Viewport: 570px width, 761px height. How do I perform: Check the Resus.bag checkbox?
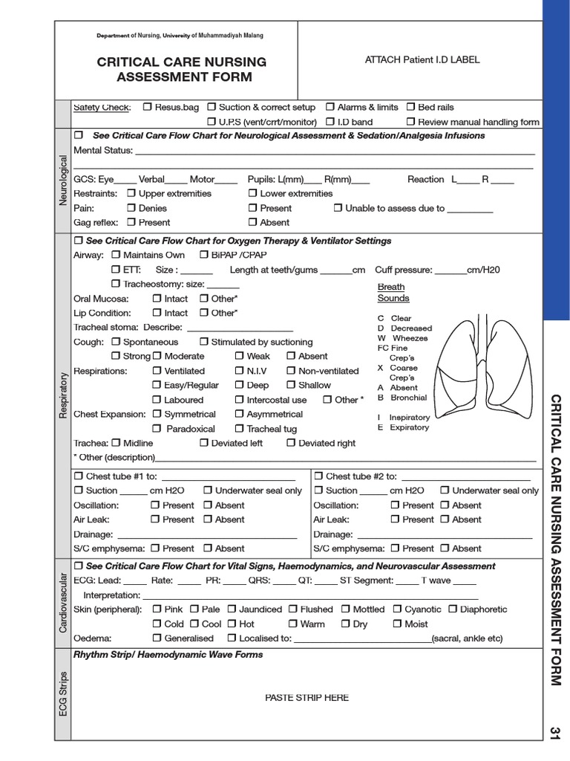click(x=147, y=107)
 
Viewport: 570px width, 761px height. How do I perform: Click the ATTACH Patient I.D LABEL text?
click(x=422, y=59)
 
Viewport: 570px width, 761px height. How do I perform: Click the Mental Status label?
click(x=102, y=150)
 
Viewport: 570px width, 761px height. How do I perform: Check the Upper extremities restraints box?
click(x=131, y=193)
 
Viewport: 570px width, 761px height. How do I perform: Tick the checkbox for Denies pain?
click(x=131, y=208)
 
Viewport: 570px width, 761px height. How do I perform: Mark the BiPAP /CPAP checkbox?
click(x=204, y=255)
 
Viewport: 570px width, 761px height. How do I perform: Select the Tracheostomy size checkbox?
click(x=116, y=284)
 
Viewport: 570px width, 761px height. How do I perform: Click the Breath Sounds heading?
click(x=393, y=292)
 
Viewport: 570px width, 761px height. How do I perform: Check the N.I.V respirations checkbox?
click(x=239, y=371)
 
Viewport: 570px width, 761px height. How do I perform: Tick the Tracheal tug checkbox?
click(x=239, y=429)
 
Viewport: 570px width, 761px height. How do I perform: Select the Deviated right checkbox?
click(x=290, y=443)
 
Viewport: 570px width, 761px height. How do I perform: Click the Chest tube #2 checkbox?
click(x=318, y=476)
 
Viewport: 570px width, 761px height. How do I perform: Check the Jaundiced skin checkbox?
click(x=232, y=609)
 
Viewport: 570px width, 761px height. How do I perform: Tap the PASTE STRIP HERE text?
click(x=307, y=697)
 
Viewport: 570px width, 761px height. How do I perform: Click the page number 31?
click(x=555, y=732)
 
